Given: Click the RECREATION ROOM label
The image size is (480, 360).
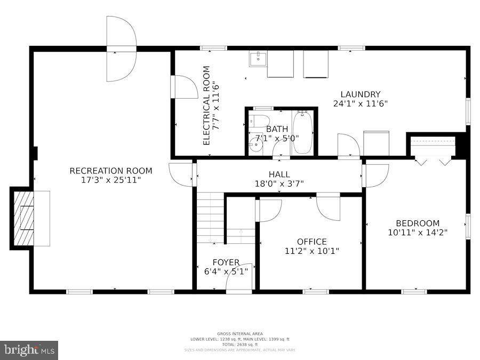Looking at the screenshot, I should [x=111, y=171].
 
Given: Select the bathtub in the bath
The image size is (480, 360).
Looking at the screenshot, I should [x=302, y=132].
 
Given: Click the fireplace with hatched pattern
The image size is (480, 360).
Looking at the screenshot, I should [x=24, y=218].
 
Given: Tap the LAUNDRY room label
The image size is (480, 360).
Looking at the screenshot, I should [x=360, y=94].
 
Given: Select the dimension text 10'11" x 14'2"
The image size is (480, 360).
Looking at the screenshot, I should [x=418, y=232].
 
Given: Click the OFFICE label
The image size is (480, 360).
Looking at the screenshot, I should [x=312, y=242].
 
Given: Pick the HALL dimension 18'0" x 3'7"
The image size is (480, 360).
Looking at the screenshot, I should [x=279, y=183].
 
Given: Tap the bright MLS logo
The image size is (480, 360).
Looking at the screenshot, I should [x=29, y=350].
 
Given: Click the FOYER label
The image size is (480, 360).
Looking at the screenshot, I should [x=226, y=262].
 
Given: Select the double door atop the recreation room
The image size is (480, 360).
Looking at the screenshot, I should [x=121, y=49].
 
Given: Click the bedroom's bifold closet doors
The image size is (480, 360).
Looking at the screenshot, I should [x=433, y=161].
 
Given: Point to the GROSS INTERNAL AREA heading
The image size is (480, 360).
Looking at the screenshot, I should [x=239, y=334].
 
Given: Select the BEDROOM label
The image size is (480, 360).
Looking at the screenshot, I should [x=418, y=223].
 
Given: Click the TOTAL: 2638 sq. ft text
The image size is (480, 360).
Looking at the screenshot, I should [x=239, y=345].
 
